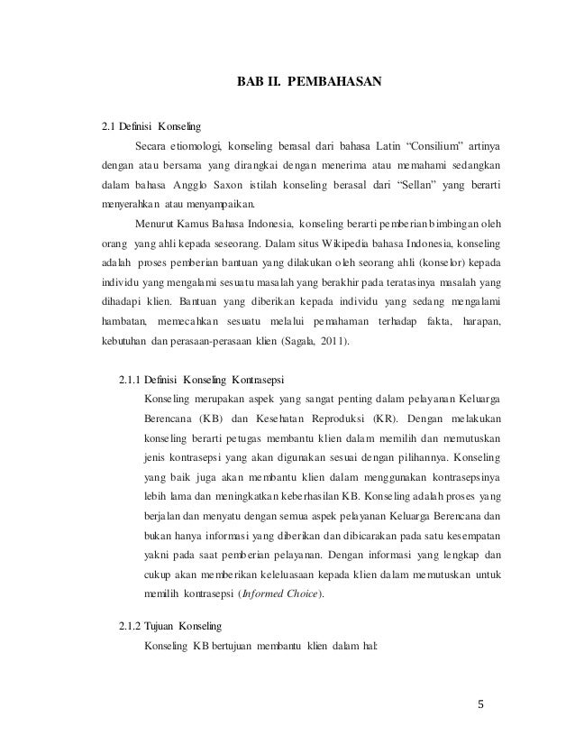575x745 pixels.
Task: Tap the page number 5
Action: (481, 704)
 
